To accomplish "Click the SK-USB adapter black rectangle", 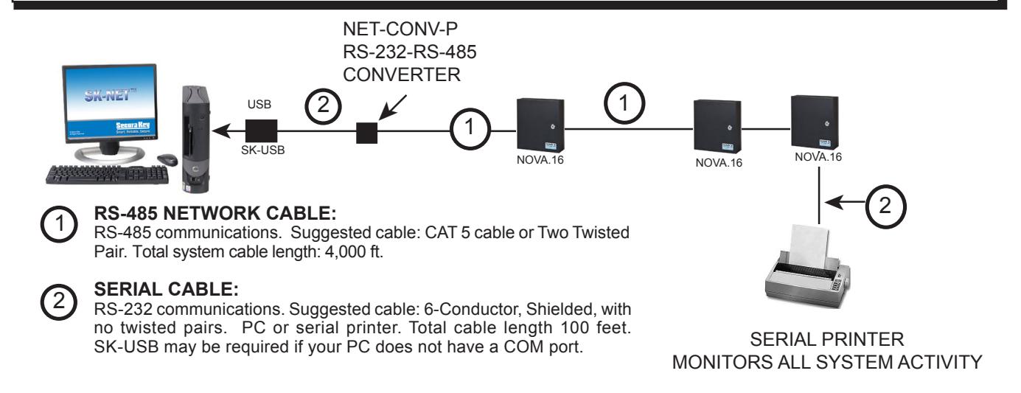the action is [261, 131].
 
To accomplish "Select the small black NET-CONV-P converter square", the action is [366, 133].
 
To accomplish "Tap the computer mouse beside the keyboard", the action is [167, 159].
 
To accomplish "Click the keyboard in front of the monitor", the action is [107, 175].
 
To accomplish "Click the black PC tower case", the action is [196, 139].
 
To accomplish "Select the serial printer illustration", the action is [807, 266].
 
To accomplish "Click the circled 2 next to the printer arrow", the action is [885, 206].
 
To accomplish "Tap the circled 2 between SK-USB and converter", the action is [323, 105].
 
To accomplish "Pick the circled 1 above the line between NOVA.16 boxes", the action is [624, 103].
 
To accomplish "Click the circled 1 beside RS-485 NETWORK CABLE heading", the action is [59, 224].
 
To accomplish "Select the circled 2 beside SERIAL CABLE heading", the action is [59, 302].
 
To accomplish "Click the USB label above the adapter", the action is [259, 105].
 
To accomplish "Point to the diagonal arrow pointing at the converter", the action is [392, 108].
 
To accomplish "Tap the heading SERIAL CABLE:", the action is [167, 289].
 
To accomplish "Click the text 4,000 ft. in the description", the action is [354, 251].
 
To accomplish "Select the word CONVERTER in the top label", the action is [402, 74].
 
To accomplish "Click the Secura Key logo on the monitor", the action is [133, 125].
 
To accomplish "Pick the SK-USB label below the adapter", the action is [263, 150].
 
